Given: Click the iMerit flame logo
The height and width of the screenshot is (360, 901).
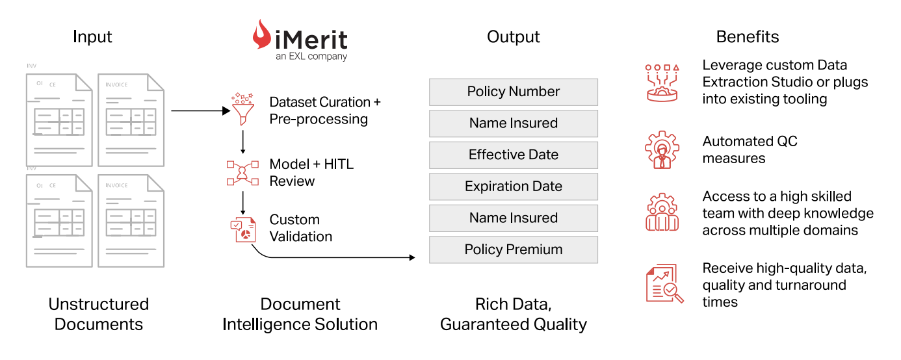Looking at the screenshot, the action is coord(261,34).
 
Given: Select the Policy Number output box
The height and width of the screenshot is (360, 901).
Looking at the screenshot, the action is coord(514,92).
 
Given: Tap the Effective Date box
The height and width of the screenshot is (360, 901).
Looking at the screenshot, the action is coord(514,155).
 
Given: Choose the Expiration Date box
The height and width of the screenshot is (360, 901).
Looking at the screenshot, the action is coord(514,186).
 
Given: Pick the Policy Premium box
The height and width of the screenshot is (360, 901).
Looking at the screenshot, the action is coord(514,250).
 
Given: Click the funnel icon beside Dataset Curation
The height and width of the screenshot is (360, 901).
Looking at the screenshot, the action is coord(242,109).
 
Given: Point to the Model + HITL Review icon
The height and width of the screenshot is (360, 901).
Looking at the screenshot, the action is coord(242,173).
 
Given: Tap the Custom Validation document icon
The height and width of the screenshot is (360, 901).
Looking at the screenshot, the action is coord(243,229).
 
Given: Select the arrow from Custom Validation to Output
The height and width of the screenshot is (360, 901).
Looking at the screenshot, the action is coord(330,257).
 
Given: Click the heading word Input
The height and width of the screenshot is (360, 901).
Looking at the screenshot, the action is coord(92,36).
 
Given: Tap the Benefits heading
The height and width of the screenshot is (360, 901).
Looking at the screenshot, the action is coord(748,36).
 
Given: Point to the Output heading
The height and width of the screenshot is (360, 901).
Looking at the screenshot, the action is coord(514,36).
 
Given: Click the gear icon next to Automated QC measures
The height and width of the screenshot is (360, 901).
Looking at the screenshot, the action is coord(662,149).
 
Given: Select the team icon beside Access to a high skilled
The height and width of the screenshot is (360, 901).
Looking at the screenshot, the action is coord(662,212).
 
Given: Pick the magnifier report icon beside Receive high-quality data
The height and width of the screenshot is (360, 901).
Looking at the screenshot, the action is coord(664,283).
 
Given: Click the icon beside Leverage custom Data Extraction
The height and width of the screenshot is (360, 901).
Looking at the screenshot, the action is coord(662,83).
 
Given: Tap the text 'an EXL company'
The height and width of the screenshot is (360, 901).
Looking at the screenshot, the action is coord(311,57).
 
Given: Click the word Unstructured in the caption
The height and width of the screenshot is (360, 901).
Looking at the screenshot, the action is coord(99,304).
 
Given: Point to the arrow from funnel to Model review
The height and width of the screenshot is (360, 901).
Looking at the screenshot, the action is coord(242,142).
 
